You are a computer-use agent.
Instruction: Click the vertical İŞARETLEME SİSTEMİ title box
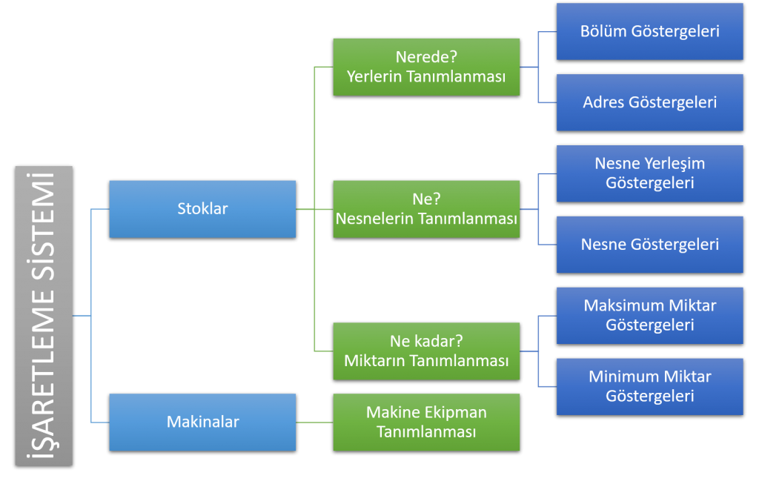click(44, 316)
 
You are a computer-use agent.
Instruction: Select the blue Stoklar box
click(202, 209)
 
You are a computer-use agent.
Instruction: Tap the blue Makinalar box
click(202, 422)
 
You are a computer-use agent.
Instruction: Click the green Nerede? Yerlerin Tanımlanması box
click(426, 67)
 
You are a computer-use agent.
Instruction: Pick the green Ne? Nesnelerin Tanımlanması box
click(426, 209)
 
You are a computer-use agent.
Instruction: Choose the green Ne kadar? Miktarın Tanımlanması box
click(426, 351)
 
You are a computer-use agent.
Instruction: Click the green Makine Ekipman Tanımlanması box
click(426, 422)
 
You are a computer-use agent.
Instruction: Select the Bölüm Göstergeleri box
click(650, 31)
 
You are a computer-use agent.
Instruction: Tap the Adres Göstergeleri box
click(650, 102)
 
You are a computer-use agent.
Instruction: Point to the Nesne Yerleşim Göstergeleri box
click(650, 173)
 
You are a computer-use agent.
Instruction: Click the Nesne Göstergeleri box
click(650, 245)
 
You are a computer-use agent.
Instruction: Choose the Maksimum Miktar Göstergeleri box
click(650, 315)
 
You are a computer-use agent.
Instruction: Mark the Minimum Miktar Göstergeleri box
click(650, 386)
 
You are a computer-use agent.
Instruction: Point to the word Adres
click(603, 102)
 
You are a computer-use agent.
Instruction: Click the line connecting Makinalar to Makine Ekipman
click(314, 423)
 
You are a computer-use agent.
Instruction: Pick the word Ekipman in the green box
click(459, 413)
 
